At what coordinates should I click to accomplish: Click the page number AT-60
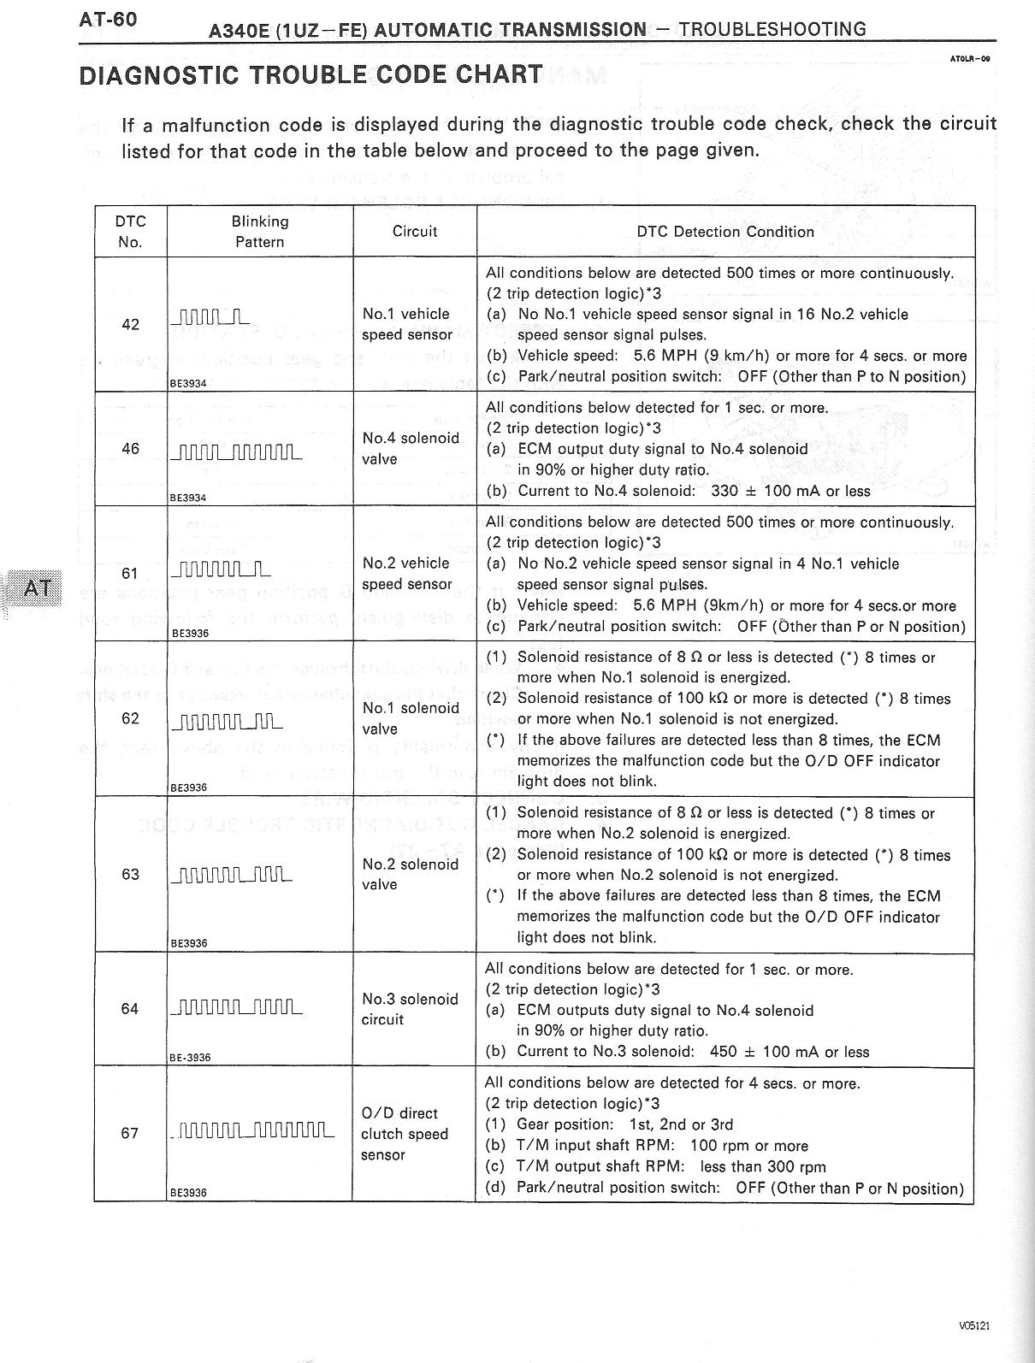tap(108, 19)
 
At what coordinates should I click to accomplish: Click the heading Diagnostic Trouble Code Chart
tap(310, 74)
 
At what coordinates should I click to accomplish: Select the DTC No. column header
tap(130, 232)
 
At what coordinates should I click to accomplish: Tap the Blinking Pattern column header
tap(260, 232)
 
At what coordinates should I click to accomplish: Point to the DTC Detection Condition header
tap(725, 232)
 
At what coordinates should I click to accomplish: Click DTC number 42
tap(130, 325)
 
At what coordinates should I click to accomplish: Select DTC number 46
tap(130, 449)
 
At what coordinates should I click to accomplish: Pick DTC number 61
tap(130, 574)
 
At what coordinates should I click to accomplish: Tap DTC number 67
tap(130, 1134)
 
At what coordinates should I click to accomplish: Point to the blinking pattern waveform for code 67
tap(252, 1132)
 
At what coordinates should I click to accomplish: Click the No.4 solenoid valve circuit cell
tap(411, 449)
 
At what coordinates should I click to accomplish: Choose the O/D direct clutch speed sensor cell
tap(405, 1134)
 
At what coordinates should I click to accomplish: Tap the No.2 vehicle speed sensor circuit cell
tap(406, 574)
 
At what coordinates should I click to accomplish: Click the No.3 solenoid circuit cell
tap(410, 1009)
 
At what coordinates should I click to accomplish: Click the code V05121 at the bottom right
tap(973, 1326)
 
